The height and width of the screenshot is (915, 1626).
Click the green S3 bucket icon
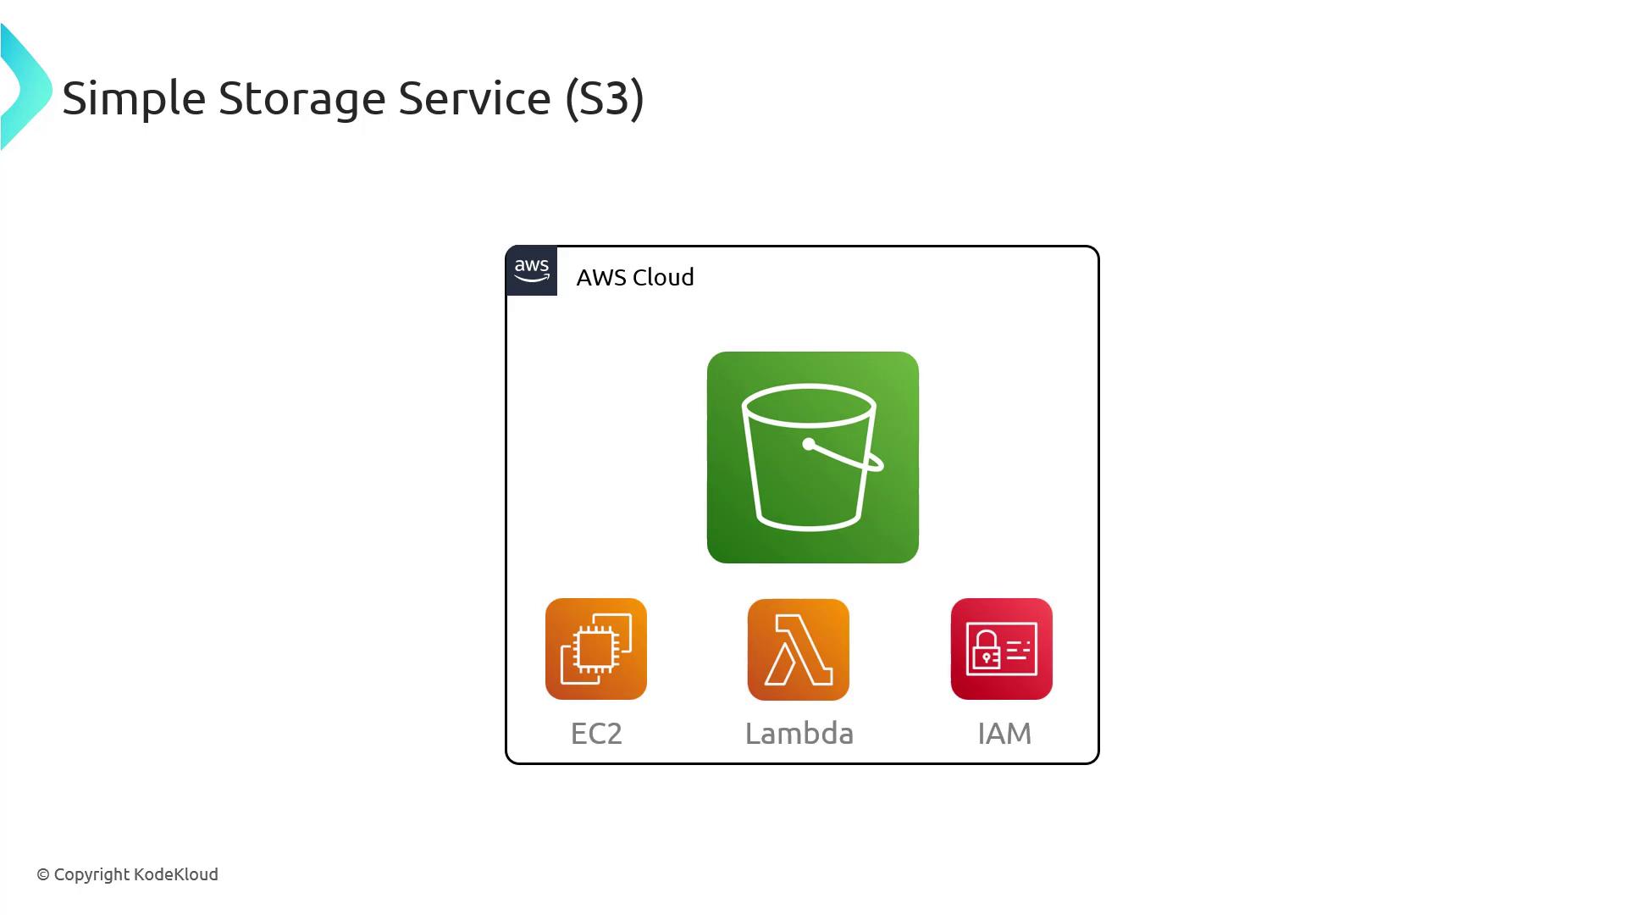point(812,457)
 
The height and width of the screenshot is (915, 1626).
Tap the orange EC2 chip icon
point(595,649)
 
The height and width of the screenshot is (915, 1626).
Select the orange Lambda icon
point(798,649)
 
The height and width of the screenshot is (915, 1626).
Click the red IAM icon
point(1001,649)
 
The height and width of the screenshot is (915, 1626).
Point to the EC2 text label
point(596,733)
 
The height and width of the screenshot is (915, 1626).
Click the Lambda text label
point(799,733)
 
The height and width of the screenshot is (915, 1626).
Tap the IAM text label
point(1004,733)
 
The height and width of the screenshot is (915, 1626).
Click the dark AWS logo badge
point(532,271)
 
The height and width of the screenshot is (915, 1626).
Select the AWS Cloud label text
point(634,277)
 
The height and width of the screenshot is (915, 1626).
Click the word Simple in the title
point(134,98)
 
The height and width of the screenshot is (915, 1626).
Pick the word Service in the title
point(474,98)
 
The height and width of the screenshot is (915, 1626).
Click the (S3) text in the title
point(605,98)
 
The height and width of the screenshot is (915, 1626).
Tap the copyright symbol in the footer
point(43,875)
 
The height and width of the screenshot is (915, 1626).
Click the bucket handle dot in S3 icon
point(809,444)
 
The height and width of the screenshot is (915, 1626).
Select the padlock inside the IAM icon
point(986,652)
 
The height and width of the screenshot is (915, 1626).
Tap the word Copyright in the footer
point(91,874)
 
